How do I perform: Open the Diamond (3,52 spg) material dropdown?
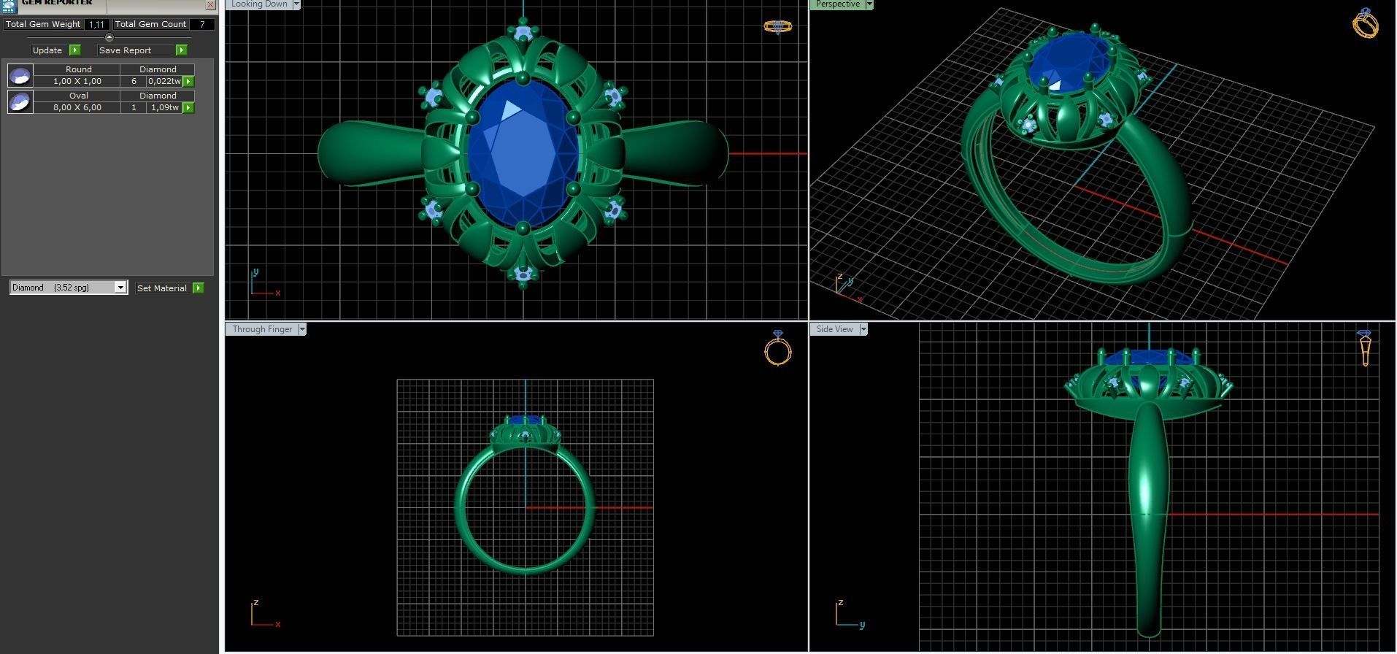tap(120, 288)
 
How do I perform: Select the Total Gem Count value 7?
tap(202, 24)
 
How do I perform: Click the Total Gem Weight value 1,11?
tap(96, 24)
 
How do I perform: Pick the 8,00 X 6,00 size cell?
tap(77, 107)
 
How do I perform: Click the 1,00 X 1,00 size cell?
tap(77, 81)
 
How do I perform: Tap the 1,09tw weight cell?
tap(163, 107)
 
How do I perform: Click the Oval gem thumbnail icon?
tap(20, 101)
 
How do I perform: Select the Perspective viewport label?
tap(837, 4)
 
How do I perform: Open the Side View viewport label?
tap(834, 329)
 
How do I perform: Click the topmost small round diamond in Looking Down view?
tap(523, 33)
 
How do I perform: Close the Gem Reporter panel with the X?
tap(210, 4)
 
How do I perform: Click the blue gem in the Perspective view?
tap(1069, 64)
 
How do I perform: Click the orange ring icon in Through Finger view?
tap(778, 349)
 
